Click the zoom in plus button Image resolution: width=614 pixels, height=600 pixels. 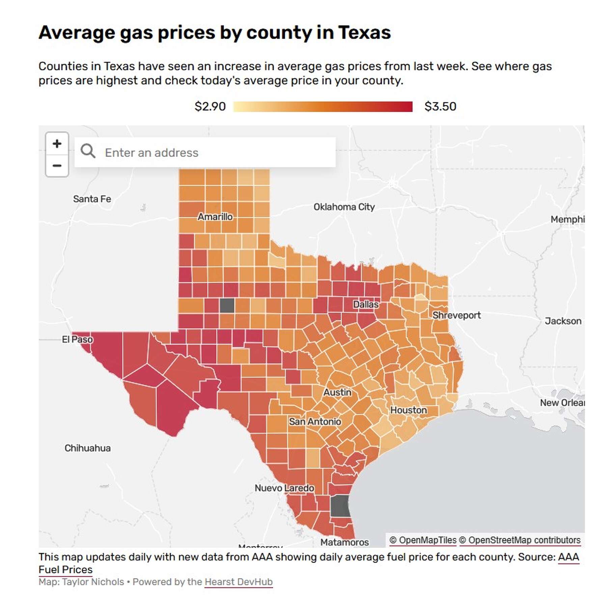pos(57,144)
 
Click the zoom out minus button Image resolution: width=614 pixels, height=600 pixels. pos(57,166)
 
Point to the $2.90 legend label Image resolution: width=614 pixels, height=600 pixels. pos(210,107)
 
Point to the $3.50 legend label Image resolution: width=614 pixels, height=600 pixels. pos(440,107)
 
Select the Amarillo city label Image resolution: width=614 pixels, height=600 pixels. pos(215,217)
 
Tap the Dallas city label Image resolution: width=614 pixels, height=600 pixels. pos(366,304)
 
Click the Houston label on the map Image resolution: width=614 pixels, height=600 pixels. pos(409,410)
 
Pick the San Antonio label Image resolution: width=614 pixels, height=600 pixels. pos(315,422)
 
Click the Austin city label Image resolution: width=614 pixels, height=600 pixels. pos(337,392)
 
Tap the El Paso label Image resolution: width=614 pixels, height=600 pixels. pos(77,339)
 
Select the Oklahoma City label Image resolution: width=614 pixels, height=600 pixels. pos(344,207)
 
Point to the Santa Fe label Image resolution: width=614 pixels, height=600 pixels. pos(92,199)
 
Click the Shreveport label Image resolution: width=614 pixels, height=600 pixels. pos(456,316)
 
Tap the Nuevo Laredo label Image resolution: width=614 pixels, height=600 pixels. pos(284,488)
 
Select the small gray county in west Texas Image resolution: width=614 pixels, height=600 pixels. pos(227,305)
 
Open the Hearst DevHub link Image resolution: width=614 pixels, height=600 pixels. pos(239,582)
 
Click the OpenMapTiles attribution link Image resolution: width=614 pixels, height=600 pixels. pos(423,540)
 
